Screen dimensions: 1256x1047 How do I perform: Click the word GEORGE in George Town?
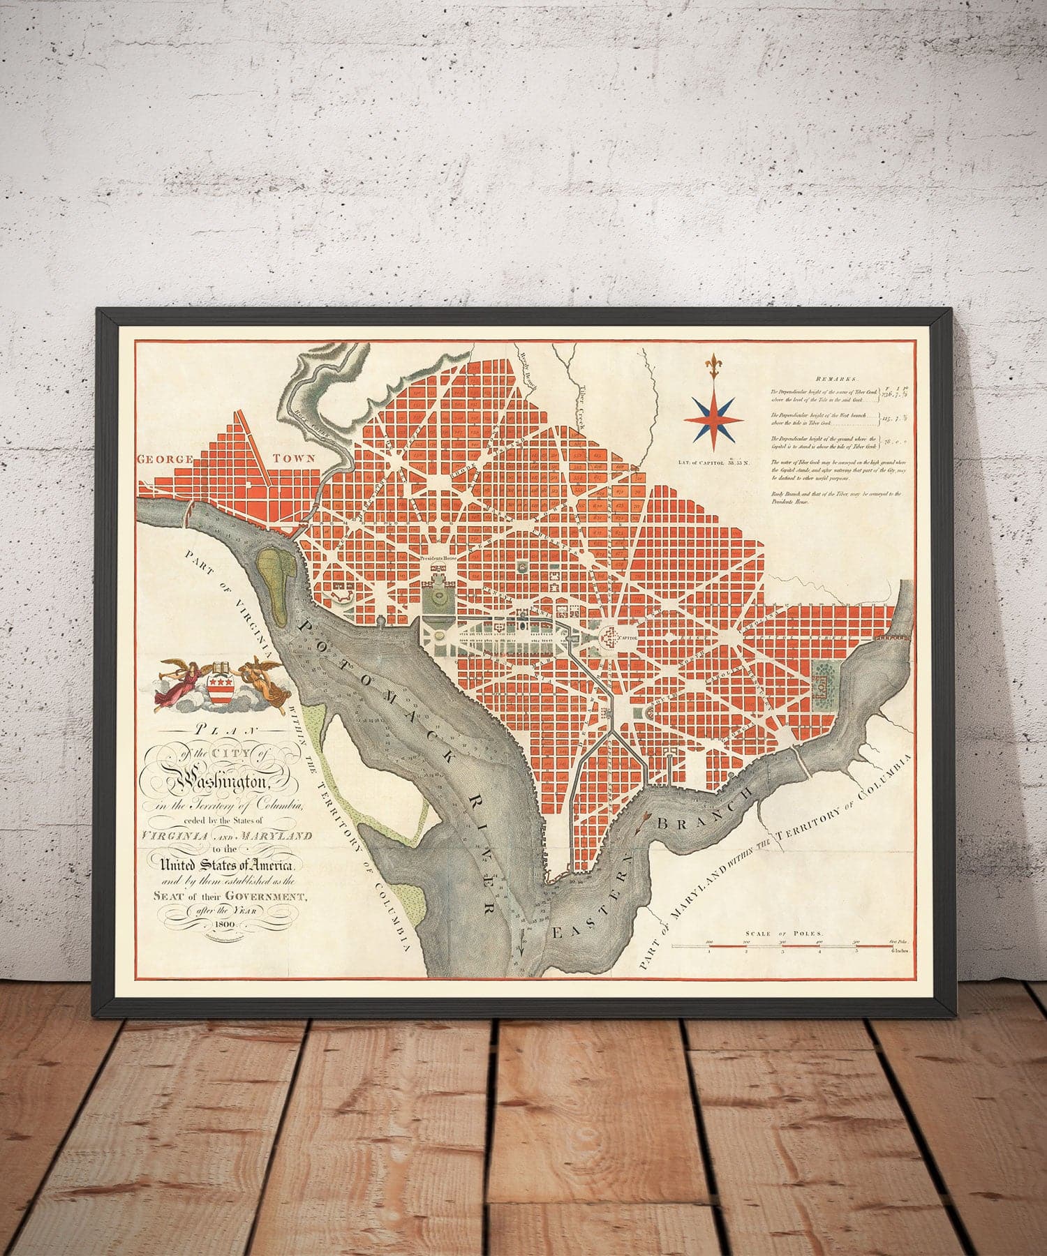[165, 460]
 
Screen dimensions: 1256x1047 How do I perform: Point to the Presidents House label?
[438, 558]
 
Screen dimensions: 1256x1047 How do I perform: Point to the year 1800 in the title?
[224, 925]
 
